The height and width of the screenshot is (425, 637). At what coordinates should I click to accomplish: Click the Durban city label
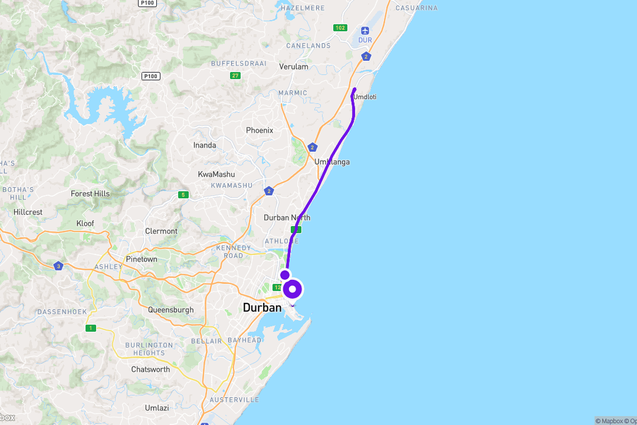click(x=262, y=307)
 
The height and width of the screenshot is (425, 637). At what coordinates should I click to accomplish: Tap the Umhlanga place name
click(x=332, y=162)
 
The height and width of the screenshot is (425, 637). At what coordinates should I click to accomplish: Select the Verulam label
click(x=294, y=67)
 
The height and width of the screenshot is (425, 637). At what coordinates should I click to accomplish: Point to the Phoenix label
click(x=260, y=130)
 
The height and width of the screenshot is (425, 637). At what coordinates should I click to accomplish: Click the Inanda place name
click(x=205, y=145)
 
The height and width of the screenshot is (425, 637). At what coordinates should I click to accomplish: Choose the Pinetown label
click(x=142, y=259)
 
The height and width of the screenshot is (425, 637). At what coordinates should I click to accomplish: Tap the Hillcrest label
click(x=28, y=212)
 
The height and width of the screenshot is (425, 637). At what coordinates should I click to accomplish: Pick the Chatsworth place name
click(x=150, y=370)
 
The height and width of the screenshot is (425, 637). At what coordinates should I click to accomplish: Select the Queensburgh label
click(x=170, y=310)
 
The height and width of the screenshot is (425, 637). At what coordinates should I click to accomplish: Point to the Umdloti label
click(x=365, y=97)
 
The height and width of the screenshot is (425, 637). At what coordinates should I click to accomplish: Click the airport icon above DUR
click(x=365, y=30)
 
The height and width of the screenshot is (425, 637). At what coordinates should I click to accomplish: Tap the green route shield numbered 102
click(x=340, y=28)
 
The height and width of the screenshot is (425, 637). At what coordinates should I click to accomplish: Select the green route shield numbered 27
click(x=235, y=76)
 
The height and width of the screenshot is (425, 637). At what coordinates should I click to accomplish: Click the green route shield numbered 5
click(x=183, y=195)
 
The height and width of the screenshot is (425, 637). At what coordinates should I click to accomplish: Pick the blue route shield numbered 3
click(x=58, y=266)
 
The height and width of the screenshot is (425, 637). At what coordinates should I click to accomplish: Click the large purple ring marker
click(x=293, y=289)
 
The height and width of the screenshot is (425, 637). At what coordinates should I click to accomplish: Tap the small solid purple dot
click(x=285, y=274)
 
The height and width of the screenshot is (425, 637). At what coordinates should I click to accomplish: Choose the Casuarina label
click(x=416, y=8)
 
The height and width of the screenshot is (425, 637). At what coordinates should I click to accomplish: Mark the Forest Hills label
click(x=90, y=194)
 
